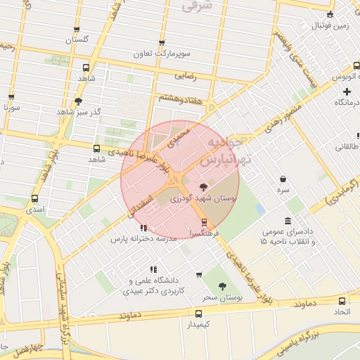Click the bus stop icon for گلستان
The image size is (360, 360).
point(77,30)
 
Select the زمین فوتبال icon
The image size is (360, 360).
point(330,15)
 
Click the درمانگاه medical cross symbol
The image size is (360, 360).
point(346,91)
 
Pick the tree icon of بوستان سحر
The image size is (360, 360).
point(222,286)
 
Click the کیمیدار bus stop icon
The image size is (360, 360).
point(198,314)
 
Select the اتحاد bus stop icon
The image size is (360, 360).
point(341,300)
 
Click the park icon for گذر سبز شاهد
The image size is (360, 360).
point(77,101)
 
